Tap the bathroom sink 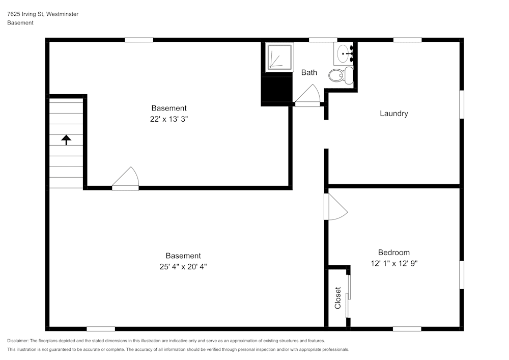pos(345,52)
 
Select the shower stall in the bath pos(279,56)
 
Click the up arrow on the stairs pos(66,140)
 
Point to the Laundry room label pos(393,114)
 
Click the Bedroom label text pos(393,253)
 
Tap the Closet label pos(337,298)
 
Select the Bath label pos(309,72)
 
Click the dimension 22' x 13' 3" pos(169,119)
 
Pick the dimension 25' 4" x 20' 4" pos(183,266)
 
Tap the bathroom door pos(308,96)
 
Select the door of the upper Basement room pos(126,180)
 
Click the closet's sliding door pos(348,295)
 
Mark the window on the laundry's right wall pos(462,105)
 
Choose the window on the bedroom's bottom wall pos(407,329)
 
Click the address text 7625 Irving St pos(25,14)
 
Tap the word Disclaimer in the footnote pos(18,341)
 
